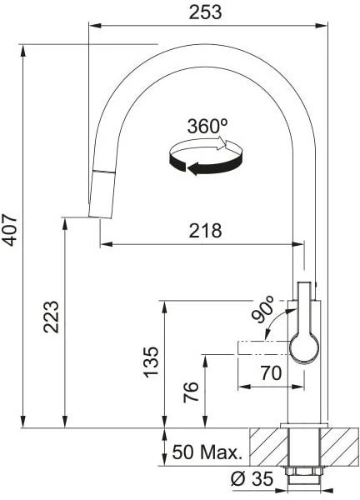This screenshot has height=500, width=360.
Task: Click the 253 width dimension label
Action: click(x=205, y=12)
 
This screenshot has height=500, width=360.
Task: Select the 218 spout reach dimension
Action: click(x=205, y=231)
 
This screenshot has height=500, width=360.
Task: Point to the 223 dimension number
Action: click(x=52, y=317)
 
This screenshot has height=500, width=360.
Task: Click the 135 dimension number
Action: click(x=151, y=362)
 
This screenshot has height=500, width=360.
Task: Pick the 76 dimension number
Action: click(x=191, y=392)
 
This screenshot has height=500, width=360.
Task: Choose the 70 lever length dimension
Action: click(x=271, y=373)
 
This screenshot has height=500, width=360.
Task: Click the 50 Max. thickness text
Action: click(x=207, y=452)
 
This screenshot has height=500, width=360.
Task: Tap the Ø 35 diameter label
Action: click(x=252, y=478)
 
